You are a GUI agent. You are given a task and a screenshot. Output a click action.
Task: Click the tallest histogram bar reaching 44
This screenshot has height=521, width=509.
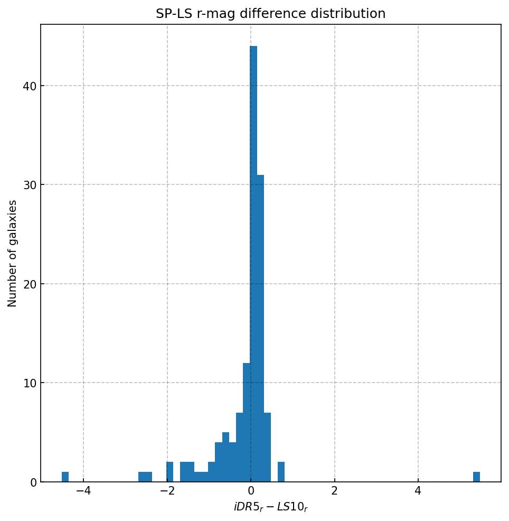coord(253,264)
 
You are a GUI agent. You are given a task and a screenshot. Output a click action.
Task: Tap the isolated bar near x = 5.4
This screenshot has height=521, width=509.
coord(476,477)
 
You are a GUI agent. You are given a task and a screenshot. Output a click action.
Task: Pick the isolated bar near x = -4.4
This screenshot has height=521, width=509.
coord(65,477)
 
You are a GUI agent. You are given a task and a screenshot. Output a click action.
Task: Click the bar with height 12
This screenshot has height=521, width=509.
coord(247,423)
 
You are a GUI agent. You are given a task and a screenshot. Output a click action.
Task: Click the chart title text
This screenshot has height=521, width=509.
coord(270,14)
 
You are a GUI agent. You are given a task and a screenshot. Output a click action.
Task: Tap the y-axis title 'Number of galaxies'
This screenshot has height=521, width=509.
coord(13,253)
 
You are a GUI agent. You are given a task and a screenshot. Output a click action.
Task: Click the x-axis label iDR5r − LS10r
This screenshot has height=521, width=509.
coord(270,507)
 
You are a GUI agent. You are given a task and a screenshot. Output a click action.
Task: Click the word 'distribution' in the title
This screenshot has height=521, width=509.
coord(354,14)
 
